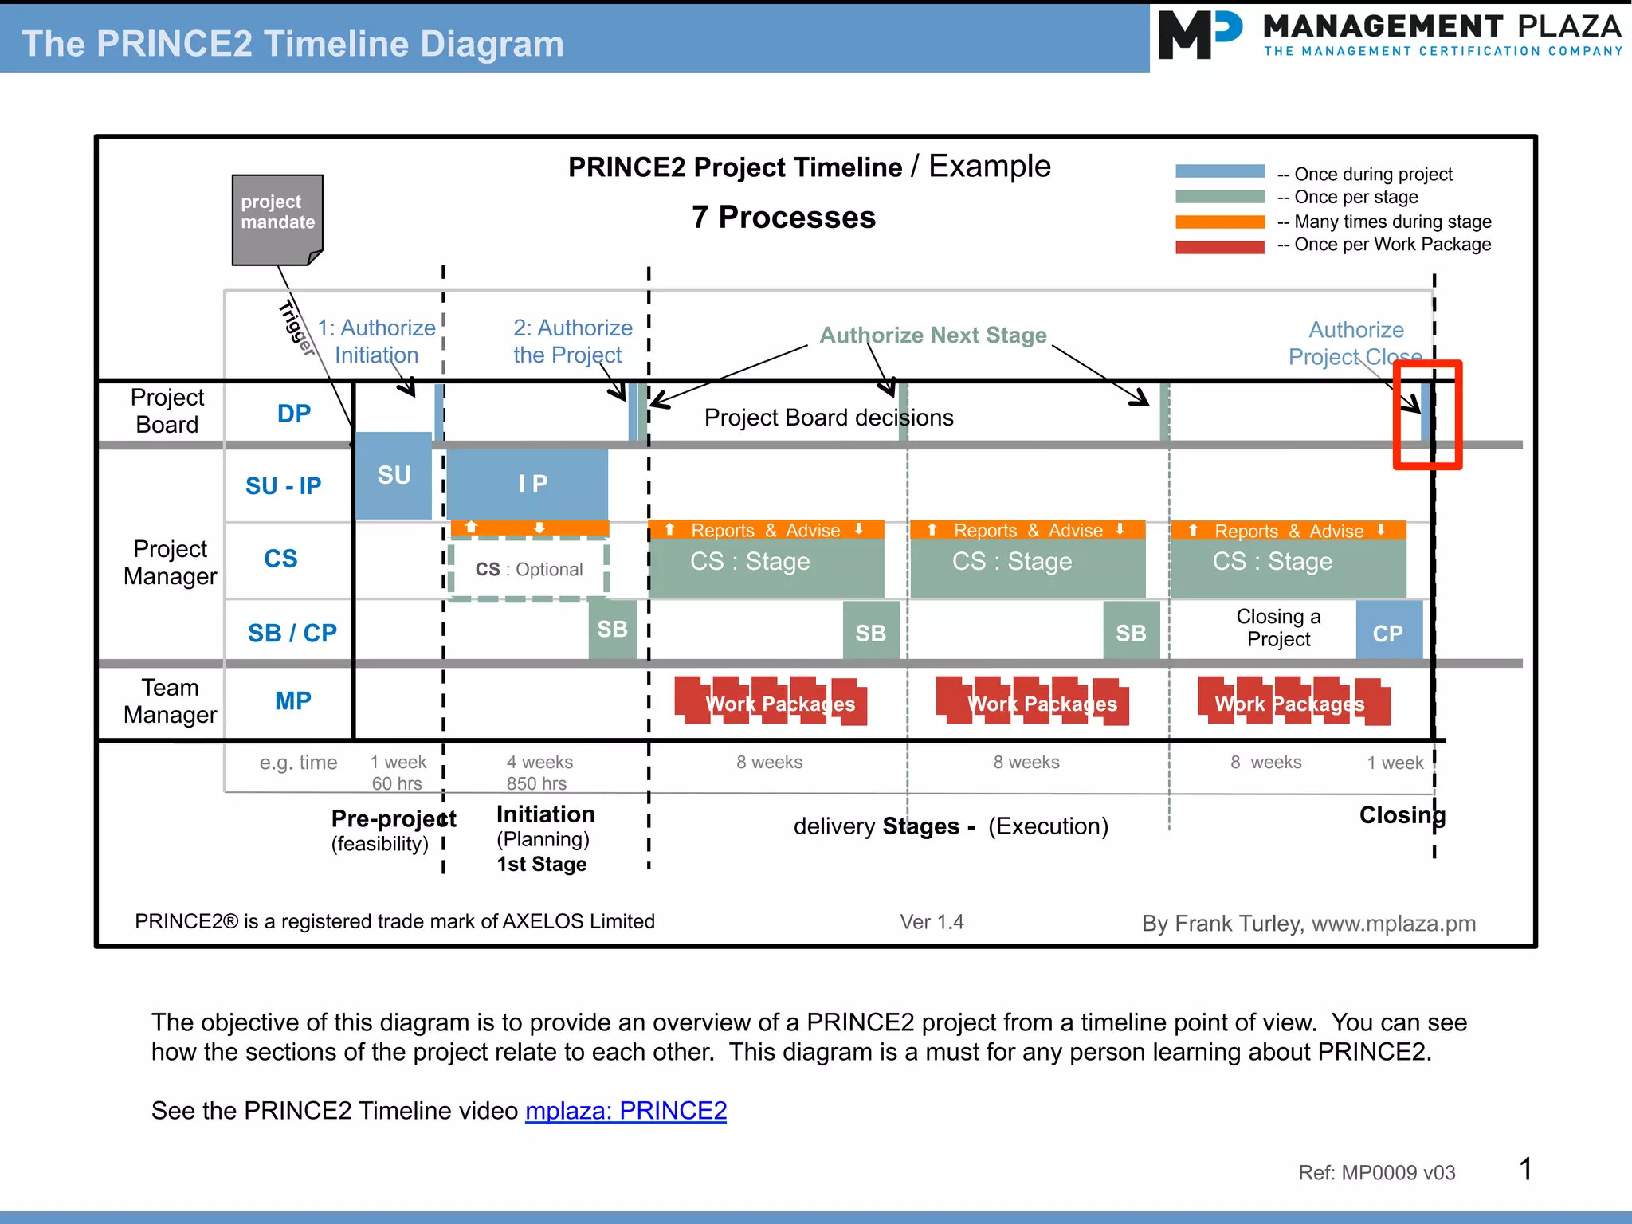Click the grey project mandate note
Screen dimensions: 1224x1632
277,218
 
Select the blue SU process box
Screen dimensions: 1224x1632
394,476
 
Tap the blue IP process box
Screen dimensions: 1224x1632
528,484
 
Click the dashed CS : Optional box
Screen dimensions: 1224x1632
528,569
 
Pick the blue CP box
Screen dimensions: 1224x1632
1389,631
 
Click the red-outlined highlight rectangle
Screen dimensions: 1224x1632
1427,414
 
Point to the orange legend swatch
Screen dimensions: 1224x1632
1220,222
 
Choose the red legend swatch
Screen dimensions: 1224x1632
1220,246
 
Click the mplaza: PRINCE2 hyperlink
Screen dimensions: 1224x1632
626,1110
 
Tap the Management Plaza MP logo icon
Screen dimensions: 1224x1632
1198,35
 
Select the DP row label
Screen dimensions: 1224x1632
293,414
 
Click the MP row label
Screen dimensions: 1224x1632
292,700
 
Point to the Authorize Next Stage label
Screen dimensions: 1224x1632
933,335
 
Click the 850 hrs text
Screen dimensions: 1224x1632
536,783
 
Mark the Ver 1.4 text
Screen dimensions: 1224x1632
932,922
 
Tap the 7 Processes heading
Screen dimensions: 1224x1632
783,218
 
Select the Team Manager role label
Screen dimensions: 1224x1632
170,701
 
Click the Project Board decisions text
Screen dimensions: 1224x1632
829,418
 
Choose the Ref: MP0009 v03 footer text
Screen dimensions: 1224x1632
1376,1172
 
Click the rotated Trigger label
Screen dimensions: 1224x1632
296,328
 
